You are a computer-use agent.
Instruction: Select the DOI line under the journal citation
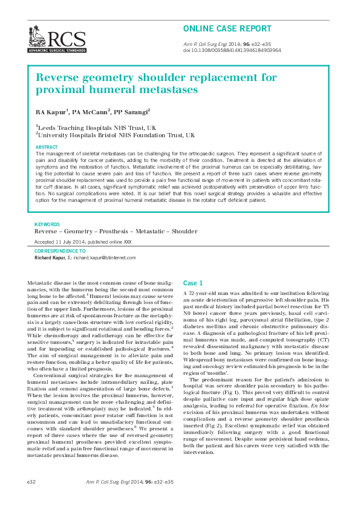point(232,51)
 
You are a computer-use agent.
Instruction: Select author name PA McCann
point(93,112)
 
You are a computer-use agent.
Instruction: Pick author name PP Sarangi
point(133,112)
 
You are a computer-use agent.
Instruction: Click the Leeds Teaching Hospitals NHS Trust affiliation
point(97,128)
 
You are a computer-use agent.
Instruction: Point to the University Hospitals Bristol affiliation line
point(116,135)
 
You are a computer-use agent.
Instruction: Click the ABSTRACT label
point(47,148)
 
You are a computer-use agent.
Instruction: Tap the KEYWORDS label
point(47,224)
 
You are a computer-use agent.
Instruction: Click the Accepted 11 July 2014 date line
point(83,241)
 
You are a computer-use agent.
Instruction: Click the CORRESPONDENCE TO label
point(60,250)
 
